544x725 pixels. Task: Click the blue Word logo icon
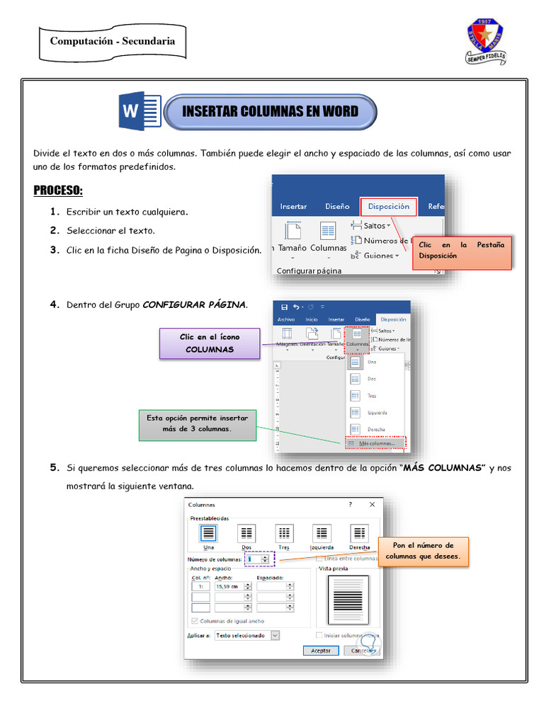(140, 111)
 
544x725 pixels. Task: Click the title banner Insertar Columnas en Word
(270, 112)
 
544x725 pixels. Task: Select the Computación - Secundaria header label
(113, 41)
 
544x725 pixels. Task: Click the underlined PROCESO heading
(58, 191)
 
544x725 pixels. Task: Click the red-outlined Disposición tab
(388, 207)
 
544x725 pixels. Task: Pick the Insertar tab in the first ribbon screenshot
(293, 207)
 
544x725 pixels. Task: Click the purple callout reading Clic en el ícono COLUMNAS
(210, 343)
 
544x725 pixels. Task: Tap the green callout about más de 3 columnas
(198, 423)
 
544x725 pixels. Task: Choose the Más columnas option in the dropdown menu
(375, 443)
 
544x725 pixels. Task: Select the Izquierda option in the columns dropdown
(376, 412)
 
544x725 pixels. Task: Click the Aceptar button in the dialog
(320, 650)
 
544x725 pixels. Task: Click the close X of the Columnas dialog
(372, 505)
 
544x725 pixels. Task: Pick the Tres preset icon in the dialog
(284, 534)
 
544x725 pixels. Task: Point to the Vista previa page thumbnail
(348, 600)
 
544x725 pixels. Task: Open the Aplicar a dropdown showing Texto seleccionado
(246, 636)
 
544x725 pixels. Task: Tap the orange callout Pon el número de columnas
(424, 551)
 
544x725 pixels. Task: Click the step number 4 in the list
(54, 305)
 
